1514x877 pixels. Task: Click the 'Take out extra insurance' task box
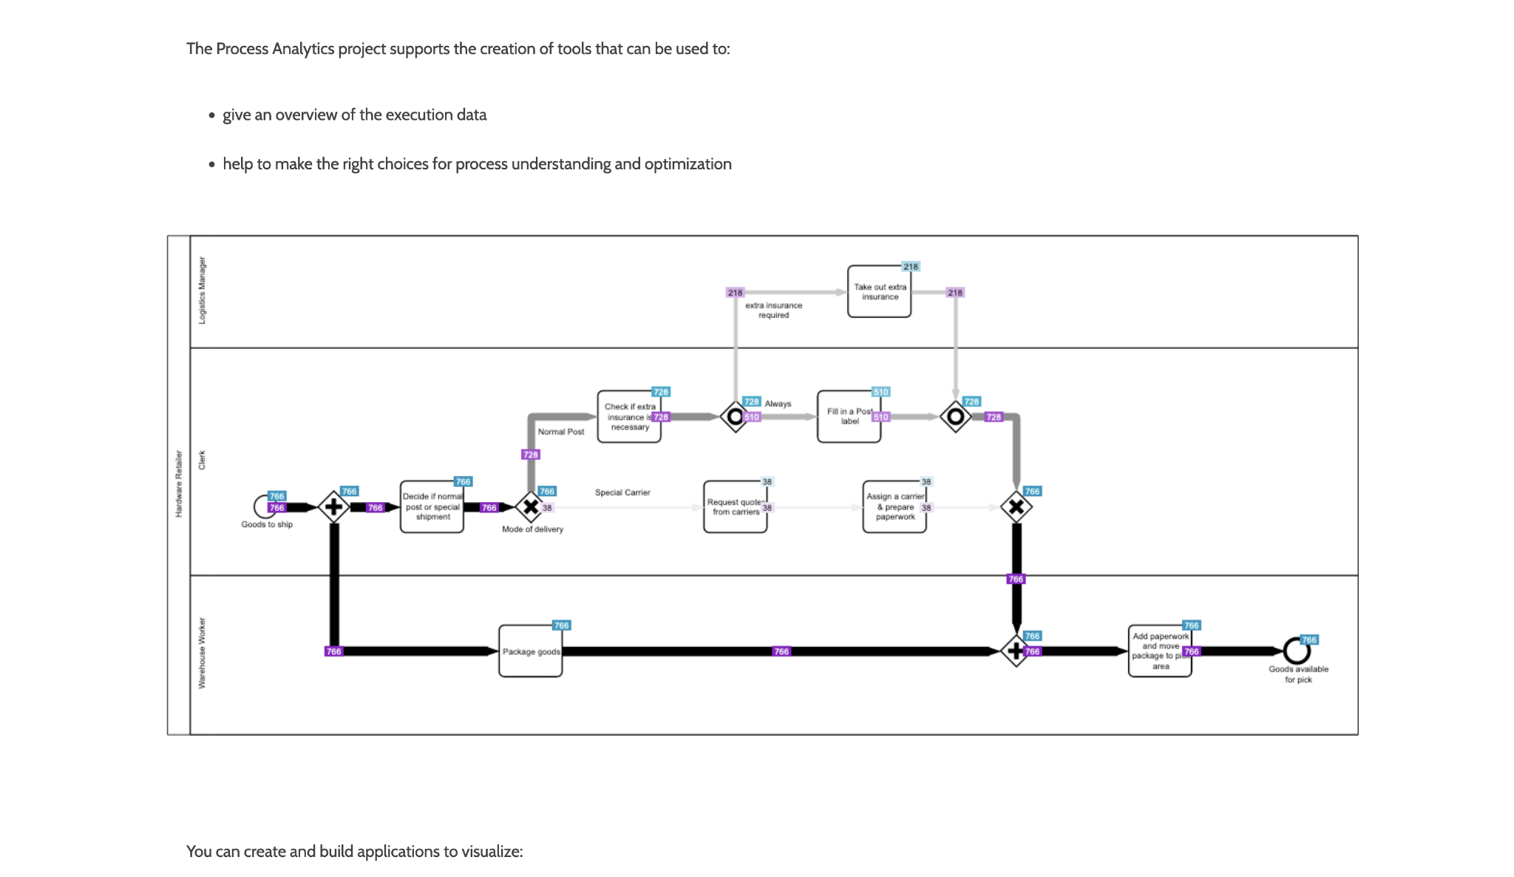click(879, 292)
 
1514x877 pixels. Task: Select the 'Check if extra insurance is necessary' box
click(628, 417)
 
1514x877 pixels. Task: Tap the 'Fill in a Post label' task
click(849, 417)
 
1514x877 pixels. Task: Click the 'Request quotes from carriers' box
click(735, 507)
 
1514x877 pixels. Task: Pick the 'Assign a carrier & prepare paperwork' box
click(895, 507)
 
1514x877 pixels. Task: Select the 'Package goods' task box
click(530, 651)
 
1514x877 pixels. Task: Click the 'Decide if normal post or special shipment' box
click(432, 507)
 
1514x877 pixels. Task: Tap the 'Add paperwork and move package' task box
click(1160, 651)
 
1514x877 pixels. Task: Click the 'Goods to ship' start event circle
click(263, 507)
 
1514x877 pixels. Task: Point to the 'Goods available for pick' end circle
click(1297, 651)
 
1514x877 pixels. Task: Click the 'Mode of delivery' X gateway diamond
click(531, 507)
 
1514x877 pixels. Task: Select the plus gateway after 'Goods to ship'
click(333, 507)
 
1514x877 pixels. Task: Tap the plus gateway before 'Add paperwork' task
click(1016, 651)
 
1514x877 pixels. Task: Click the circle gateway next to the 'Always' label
click(735, 417)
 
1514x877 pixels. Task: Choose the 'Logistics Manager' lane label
click(202, 291)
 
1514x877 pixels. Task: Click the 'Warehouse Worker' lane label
click(202, 654)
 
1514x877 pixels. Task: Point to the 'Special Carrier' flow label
click(622, 492)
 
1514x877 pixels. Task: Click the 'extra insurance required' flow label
click(773, 310)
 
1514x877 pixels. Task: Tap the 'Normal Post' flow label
click(561, 432)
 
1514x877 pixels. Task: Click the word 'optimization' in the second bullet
click(688, 164)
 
